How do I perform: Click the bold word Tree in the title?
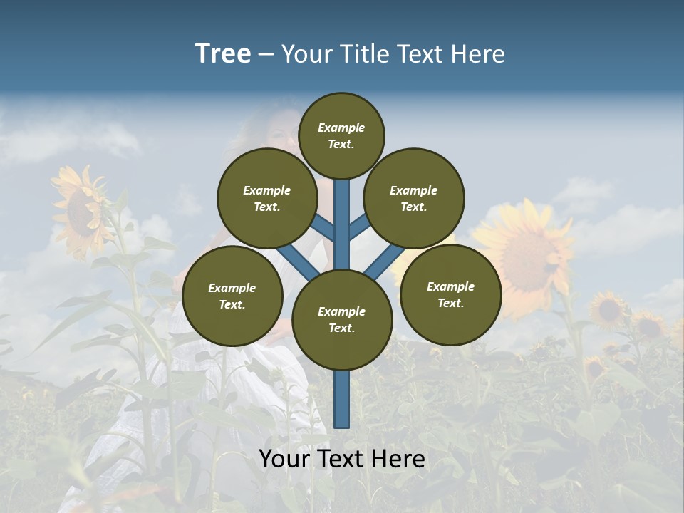coord(223,54)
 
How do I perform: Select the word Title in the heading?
coord(362,54)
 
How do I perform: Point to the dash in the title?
coord(266,55)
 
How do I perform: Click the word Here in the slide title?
coord(479,54)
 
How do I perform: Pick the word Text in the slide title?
coord(421,54)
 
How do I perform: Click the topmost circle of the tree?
coord(341,135)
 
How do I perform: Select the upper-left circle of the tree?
coord(267,198)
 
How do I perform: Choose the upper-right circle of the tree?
coord(414,198)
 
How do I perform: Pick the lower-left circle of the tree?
coord(232,296)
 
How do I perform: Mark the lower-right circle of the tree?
coord(450,294)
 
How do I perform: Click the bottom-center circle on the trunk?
coord(342,319)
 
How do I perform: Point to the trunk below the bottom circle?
coord(342,399)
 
